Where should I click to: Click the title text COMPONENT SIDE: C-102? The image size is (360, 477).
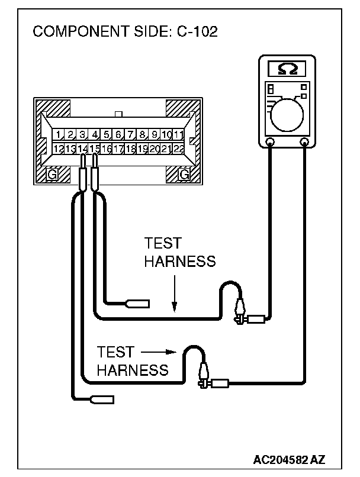click(x=125, y=31)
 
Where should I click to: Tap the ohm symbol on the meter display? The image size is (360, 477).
click(x=288, y=70)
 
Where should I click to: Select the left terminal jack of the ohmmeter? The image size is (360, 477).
click(x=270, y=142)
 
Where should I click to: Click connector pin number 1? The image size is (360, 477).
click(x=59, y=135)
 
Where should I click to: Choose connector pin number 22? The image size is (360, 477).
click(x=178, y=149)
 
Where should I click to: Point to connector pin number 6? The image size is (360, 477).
click(x=118, y=135)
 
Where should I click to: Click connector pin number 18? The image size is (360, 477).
click(x=130, y=149)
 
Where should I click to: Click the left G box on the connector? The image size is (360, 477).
click(x=52, y=175)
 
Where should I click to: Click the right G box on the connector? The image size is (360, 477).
click(x=184, y=175)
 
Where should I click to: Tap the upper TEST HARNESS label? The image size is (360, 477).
click(x=179, y=253)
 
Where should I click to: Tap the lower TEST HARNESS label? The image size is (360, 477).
click(x=133, y=361)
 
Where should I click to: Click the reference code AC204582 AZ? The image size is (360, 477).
click(x=290, y=459)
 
